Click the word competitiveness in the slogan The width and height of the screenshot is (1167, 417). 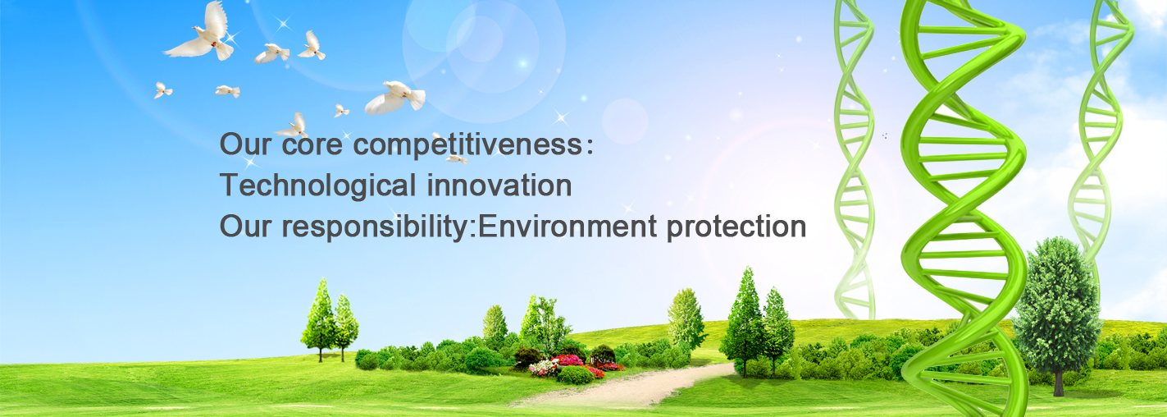point(467,145)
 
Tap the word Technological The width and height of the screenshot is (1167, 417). point(318,186)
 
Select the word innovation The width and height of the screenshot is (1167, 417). point(499,185)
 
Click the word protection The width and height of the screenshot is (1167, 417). point(736,227)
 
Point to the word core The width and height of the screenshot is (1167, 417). point(312,145)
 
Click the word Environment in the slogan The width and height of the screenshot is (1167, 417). point(567,227)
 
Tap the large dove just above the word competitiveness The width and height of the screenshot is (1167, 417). point(394,97)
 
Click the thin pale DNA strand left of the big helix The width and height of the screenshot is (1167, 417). point(855,156)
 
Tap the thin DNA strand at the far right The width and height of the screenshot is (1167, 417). point(1099,131)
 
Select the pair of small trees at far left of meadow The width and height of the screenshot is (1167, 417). point(329,321)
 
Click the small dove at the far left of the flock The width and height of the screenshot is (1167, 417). point(162,90)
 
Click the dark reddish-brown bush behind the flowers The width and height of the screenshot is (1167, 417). point(527,356)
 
